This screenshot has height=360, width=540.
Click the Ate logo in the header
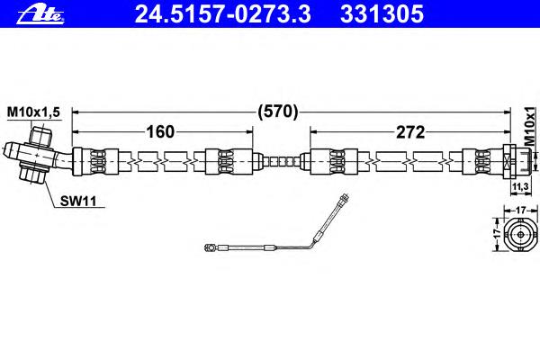40,14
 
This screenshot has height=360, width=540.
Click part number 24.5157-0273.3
223,14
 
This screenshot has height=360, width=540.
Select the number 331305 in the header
382,14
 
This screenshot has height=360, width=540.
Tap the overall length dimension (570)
278,112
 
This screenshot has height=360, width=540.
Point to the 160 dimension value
161,131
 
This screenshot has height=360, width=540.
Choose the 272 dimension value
410,132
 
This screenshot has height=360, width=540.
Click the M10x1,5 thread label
34,112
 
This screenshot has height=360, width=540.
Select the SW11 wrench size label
78,201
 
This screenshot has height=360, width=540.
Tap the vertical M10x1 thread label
530,126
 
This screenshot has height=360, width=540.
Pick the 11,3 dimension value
520,186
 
